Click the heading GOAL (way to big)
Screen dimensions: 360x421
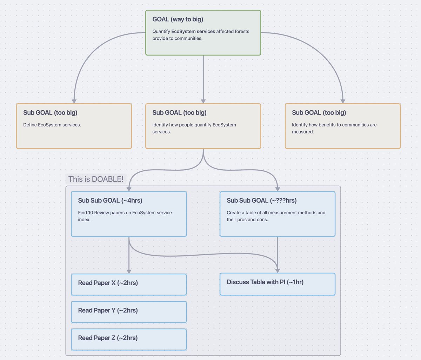[178, 19]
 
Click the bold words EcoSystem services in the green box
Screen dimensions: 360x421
[193, 31]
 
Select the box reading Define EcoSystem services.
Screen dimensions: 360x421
[74, 126]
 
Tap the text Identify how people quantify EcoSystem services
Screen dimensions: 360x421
[194, 128]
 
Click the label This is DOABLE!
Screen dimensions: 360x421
[96, 179]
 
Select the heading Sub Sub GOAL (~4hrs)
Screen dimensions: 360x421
[110, 201]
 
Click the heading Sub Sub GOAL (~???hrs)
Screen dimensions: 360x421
[261, 201]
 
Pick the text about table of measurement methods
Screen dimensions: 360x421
[276, 216]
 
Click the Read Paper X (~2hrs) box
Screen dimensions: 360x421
[129, 284]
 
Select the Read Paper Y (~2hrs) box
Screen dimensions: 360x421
[129, 312]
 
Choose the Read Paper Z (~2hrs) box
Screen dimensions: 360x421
[129, 339]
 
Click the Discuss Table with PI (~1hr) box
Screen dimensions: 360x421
[278, 284]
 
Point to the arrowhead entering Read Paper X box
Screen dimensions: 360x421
[129, 271]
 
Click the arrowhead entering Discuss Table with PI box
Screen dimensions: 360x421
[278, 270]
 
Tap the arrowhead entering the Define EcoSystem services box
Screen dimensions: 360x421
[74, 101]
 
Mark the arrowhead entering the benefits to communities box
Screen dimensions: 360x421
[343, 101]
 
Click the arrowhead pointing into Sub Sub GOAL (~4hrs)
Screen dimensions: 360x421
[129, 189]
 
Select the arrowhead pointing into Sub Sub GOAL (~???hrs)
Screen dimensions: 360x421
[278, 189]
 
